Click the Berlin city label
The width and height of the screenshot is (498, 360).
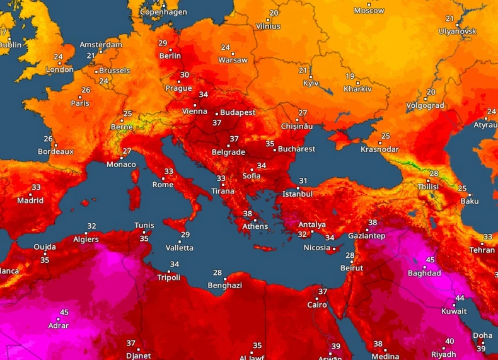[170, 55]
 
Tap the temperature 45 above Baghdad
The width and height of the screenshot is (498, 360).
[431, 260]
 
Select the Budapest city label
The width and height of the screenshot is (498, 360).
[238, 112]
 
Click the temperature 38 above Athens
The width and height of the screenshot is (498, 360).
[248, 214]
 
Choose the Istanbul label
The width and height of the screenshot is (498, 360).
[298, 194]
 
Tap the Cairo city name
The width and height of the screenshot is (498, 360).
[317, 305]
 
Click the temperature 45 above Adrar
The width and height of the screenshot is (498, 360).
[64, 312]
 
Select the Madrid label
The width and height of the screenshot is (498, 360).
[30, 201]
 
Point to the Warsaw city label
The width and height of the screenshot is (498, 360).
[233, 61]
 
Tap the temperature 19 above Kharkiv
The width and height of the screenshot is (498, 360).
[350, 76]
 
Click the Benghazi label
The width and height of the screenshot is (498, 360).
[225, 286]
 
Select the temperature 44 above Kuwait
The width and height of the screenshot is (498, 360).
[460, 298]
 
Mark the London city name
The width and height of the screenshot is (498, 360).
[60, 70]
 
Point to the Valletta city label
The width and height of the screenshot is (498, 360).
[179, 248]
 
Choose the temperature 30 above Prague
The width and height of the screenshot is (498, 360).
[184, 74]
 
